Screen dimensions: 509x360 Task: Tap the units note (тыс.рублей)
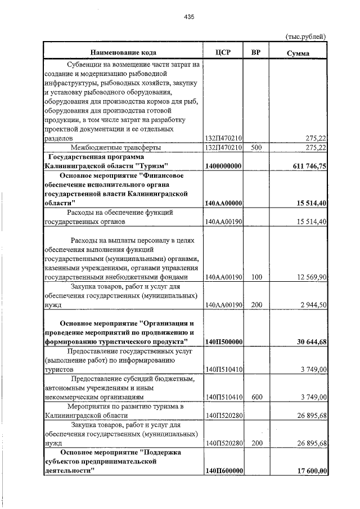pos(307,37)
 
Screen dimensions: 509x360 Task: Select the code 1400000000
pos(224,166)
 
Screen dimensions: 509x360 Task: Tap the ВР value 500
pos(256,147)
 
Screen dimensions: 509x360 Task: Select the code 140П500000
pos(224,341)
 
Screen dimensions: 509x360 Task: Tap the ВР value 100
pos(256,277)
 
